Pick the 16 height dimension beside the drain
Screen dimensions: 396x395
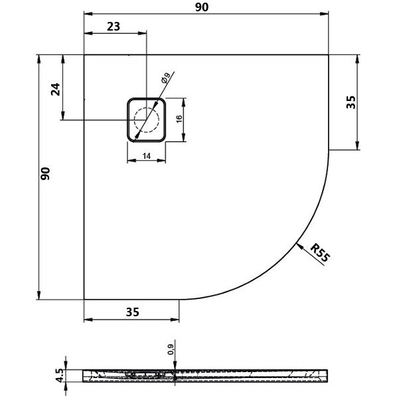tap(178, 120)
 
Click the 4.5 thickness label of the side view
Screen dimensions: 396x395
tap(60, 376)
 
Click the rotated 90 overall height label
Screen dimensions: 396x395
tap(45, 174)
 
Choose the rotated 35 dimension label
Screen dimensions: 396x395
tap(352, 102)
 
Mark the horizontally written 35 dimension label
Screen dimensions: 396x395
tap(131, 310)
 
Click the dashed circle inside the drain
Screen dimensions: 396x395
tap(147, 120)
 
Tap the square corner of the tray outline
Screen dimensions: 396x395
tap(84, 54)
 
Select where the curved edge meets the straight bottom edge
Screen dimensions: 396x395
tap(181, 299)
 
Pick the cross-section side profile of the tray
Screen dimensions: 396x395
tap(206, 375)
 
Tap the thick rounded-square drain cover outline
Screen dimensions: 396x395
tap(127, 120)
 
